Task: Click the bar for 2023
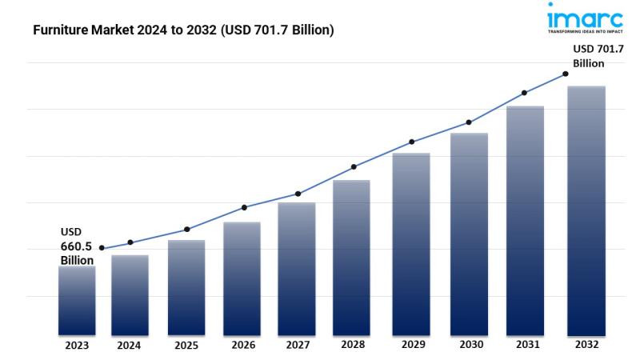pos(77,300)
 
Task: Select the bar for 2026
pos(242,278)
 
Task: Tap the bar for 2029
pos(411,243)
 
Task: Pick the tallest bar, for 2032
pos(586,210)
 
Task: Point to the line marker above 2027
pos(298,194)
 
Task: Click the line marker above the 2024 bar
pos(130,242)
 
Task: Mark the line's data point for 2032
pos(566,74)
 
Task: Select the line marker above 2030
pos(469,122)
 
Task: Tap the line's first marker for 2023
pos(101,248)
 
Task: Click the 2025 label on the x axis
pos(186,346)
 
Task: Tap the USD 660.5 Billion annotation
pos(78,246)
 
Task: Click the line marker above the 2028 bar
pos(353,167)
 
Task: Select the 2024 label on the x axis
pos(130,346)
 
